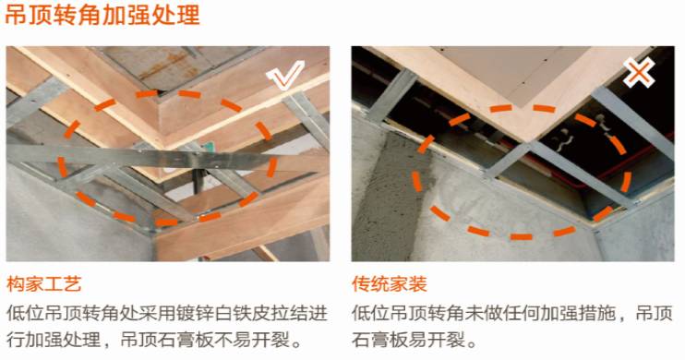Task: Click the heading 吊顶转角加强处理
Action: pyautogui.click(x=101, y=16)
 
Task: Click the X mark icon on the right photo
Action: pyautogui.click(x=639, y=72)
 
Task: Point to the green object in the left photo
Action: pyautogui.click(x=209, y=145)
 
